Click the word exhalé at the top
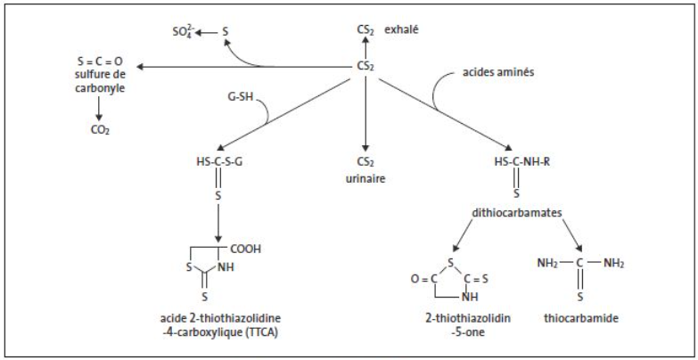(402, 30)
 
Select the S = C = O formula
(99, 61)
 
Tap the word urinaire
(365, 176)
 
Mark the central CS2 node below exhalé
(365, 65)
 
